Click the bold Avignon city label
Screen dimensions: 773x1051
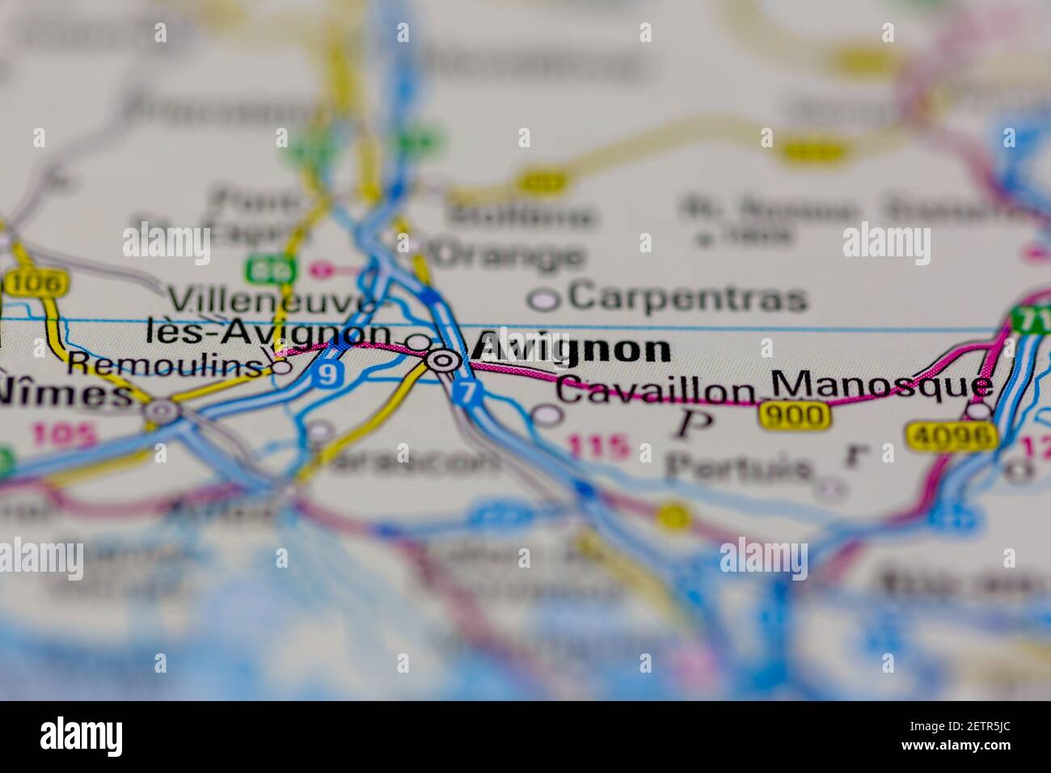pyautogui.click(x=571, y=348)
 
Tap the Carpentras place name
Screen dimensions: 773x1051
pyautogui.click(x=687, y=298)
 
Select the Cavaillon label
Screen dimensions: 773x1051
pyautogui.click(x=655, y=391)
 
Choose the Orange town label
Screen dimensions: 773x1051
pyautogui.click(x=509, y=256)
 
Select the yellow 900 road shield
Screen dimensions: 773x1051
pyautogui.click(x=795, y=416)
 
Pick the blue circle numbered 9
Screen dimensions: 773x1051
pyautogui.click(x=327, y=374)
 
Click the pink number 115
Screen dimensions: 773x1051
pyautogui.click(x=597, y=446)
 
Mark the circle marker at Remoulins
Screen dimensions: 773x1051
pyautogui.click(x=281, y=366)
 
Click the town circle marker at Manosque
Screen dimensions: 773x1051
pyautogui.click(x=979, y=412)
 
